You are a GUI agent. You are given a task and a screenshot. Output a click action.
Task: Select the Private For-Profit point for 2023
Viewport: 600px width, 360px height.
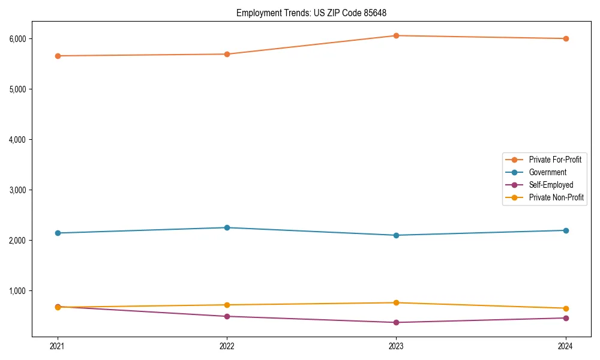click(x=396, y=35)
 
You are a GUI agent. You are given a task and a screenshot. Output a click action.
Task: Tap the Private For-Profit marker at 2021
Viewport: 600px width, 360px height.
click(x=58, y=56)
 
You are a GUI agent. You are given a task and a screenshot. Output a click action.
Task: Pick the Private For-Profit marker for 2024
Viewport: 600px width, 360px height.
click(x=566, y=38)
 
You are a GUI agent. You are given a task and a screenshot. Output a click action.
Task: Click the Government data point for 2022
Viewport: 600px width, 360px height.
click(x=227, y=227)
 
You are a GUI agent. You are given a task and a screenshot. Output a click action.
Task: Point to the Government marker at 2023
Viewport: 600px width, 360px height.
click(x=396, y=235)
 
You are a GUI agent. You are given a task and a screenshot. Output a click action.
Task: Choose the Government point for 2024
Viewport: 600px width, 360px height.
click(x=566, y=230)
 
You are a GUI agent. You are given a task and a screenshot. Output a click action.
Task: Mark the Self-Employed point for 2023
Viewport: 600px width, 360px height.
click(x=396, y=322)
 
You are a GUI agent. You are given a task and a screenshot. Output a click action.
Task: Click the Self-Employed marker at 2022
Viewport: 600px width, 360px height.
click(x=227, y=316)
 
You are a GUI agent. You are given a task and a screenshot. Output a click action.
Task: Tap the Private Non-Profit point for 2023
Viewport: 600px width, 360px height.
click(x=396, y=302)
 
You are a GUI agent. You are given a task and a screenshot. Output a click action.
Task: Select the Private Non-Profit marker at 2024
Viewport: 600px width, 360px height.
click(x=566, y=308)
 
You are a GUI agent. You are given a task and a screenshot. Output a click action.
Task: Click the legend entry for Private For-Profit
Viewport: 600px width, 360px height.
click(x=555, y=160)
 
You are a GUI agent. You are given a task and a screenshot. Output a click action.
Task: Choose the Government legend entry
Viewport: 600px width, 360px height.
click(x=547, y=172)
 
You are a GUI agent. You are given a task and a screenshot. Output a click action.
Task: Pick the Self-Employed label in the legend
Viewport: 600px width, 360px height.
click(x=551, y=185)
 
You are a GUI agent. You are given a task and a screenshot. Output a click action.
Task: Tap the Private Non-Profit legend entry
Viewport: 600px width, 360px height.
click(x=556, y=197)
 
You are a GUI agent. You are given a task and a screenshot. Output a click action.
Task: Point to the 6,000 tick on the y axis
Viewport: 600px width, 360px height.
click(x=17, y=38)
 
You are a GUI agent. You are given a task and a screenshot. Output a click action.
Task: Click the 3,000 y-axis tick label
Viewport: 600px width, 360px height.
click(x=17, y=190)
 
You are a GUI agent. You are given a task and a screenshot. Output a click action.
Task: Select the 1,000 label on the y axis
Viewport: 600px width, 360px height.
click(x=17, y=290)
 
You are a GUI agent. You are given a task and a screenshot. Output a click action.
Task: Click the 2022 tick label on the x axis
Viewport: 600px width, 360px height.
click(x=227, y=346)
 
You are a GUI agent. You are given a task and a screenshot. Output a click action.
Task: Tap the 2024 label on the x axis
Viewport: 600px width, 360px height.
click(x=566, y=346)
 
